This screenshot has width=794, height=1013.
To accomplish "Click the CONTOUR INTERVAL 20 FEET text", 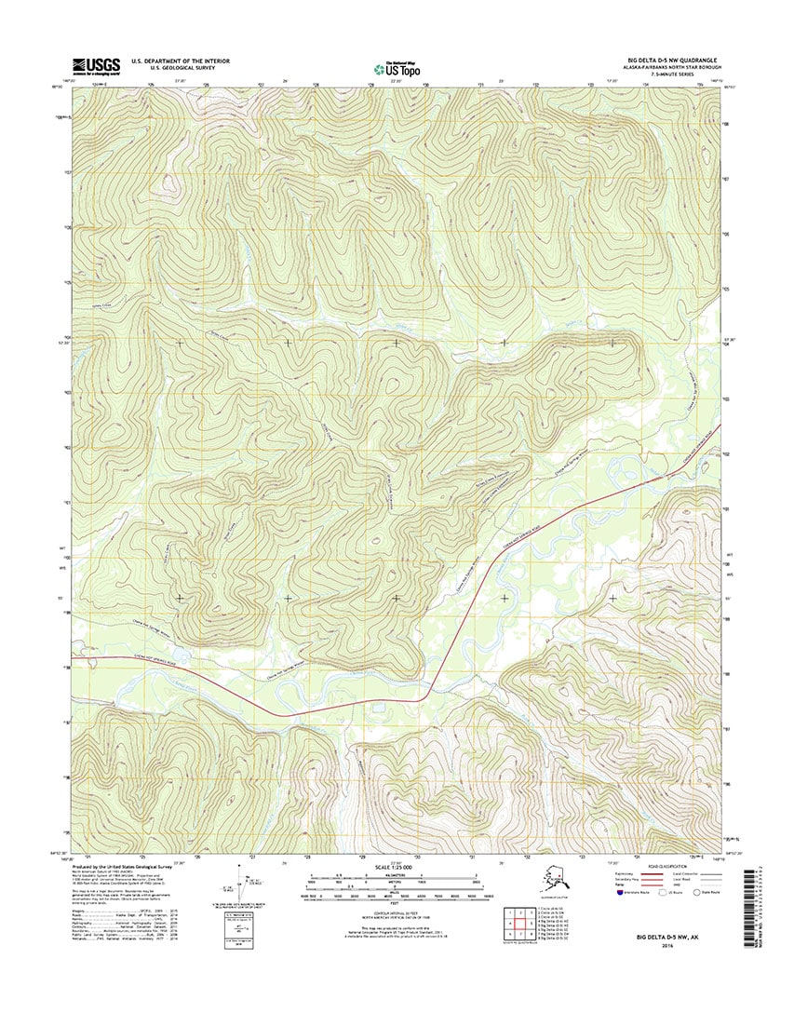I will pyautogui.click(x=396, y=913).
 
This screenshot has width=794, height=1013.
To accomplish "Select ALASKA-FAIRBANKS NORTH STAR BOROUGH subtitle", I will pyautogui.click(x=663, y=65).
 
